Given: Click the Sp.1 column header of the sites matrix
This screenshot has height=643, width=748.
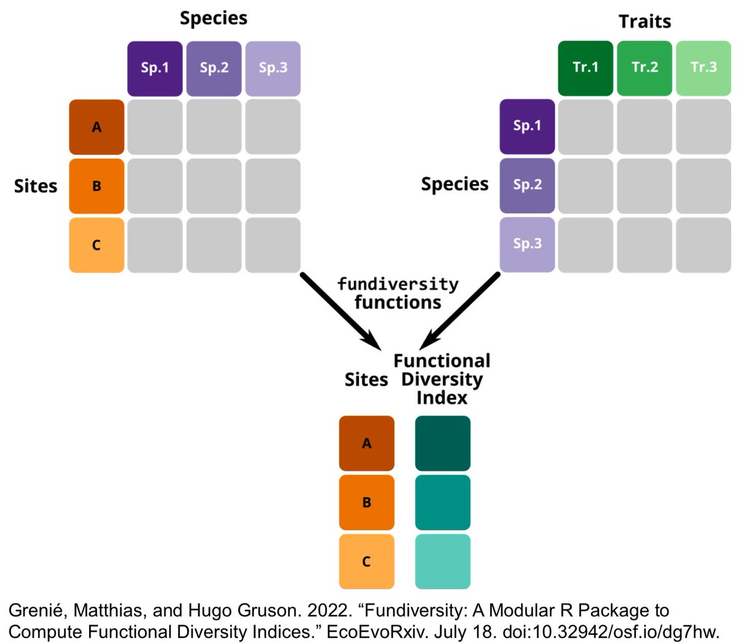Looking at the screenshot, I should pyautogui.click(x=155, y=69).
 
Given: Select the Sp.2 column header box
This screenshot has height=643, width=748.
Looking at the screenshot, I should pyautogui.click(x=214, y=69).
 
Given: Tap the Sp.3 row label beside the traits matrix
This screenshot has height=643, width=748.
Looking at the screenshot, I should pyautogui.click(x=527, y=244).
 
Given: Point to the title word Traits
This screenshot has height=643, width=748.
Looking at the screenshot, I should pyautogui.click(x=645, y=22).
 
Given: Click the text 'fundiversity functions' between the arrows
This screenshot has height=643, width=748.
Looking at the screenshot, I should pyautogui.click(x=398, y=293).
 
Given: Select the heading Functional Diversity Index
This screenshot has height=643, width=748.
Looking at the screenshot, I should pyautogui.click(x=442, y=379).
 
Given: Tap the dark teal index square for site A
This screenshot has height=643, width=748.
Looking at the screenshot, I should pyautogui.click(x=443, y=443).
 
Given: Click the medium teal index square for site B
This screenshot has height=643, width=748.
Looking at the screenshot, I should pyautogui.click(x=443, y=502).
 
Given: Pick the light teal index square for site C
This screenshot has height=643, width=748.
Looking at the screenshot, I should pyautogui.click(x=443, y=561).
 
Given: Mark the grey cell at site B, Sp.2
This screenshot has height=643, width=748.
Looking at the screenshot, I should pyautogui.click(x=214, y=186).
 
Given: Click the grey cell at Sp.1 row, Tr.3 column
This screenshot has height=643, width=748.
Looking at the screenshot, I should pyautogui.click(x=703, y=126).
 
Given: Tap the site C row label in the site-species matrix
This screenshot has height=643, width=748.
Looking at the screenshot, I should pyautogui.click(x=97, y=245).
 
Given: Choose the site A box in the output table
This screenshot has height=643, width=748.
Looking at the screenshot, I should pyautogui.click(x=367, y=443).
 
